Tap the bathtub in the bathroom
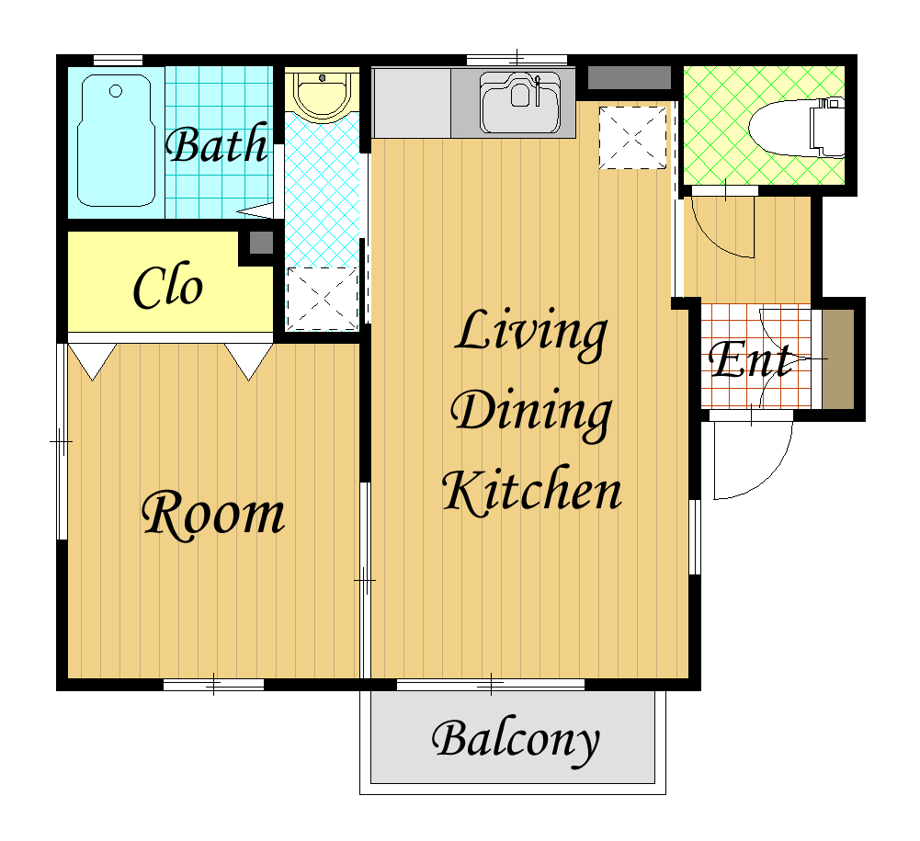[116, 141]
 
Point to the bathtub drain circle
[116, 91]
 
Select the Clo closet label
[168, 287]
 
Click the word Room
[213, 514]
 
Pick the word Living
[531, 334]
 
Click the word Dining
[531, 414]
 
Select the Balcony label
[516, 741]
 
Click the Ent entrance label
[751, 359]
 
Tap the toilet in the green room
[796, 128]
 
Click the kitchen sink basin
[519, 103]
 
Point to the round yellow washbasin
[322, 94]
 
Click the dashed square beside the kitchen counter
[633, 138]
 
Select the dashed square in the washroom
[322, 298]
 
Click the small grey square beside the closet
[261, 243]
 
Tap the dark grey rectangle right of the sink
[629, 77]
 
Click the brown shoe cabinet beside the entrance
[837, 358]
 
